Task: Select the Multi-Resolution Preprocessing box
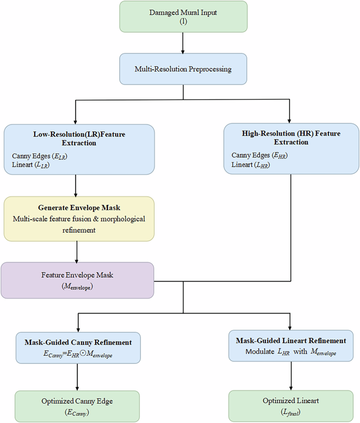182,69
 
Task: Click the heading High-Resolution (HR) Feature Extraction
291,138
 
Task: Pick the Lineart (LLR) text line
32,166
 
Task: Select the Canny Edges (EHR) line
260,156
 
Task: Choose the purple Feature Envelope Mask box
77,280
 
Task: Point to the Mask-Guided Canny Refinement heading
77,343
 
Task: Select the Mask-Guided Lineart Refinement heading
291,341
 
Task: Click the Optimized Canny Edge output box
77,405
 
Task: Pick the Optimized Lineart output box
291,405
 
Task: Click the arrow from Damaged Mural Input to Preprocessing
182,44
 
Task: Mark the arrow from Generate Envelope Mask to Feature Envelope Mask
77,252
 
